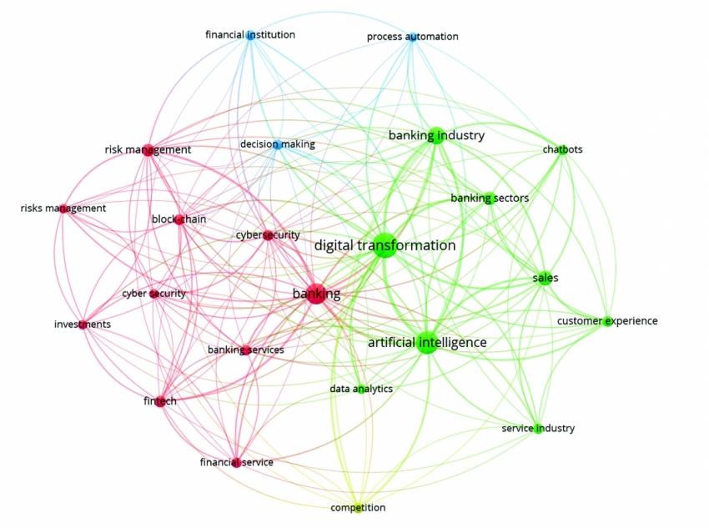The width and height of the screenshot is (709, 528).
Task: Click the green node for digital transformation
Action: pyautogui.click(x=383, y=246)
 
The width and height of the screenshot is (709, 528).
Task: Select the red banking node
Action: pyautogui.click(x=316, y=294)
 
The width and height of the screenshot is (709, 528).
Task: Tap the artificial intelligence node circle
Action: pyautogui.click(x=426, y=342)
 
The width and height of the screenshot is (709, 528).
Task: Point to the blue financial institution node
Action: pyautogui.click(x=250, y=35)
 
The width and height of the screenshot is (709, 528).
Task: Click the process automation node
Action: pyautogui.click(x=411, y=37)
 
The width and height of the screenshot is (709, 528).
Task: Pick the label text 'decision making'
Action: pyautogui.click(x=278, y=144)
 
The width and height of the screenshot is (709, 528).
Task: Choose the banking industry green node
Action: pyautogui.click(x=436, y=135)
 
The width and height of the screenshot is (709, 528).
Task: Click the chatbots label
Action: pyautogui.click(x=562, y=150)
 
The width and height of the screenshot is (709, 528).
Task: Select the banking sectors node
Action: pyautogui.click(x=490, y=199)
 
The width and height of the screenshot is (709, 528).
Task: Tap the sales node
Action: pyautogui.click(x=545, y=279)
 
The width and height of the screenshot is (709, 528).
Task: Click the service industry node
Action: pyautogui.click(x=538, y=429)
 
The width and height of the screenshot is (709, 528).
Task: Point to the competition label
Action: pyautogui.click(x=358, y=508)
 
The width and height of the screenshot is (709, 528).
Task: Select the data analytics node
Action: pyautogui.click(x=360, y=389)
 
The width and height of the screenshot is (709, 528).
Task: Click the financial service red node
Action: pyautogui.click(x=236, y=462)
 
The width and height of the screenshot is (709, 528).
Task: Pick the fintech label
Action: pyautogui.click(x=160, y=401)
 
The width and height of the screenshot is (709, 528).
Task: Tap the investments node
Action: pyautogui.click(x=83, y=324)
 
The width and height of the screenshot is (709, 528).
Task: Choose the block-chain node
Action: pyautogui.click(x=179, y=219)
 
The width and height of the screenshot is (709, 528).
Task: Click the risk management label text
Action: pyautogui.click(x=148, y=150)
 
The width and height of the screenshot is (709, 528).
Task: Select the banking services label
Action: pyautogui.click(x=246, y=350)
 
